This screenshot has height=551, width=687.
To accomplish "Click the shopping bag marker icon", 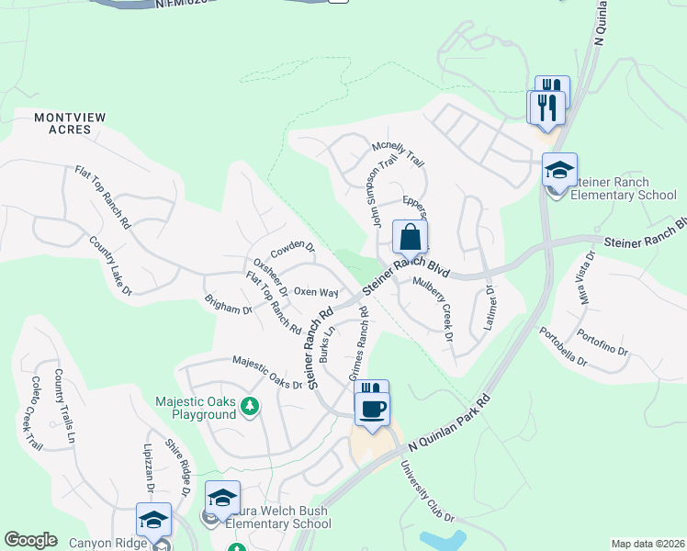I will tap(410, 237).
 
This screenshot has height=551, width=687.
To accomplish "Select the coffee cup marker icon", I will tap(372, 410).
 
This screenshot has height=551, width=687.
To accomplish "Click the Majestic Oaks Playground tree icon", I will tap(248, 407).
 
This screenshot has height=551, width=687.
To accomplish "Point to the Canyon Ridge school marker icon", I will tap(153, 520).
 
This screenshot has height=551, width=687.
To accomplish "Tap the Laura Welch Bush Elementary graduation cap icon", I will tap(222, 499).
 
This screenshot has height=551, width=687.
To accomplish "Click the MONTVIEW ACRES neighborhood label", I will tap(63, 123).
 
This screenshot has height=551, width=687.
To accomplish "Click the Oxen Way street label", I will tap(316, 292).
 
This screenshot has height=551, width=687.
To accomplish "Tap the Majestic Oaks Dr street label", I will tap(266, 372).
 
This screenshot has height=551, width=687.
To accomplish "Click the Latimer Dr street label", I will tap(490, 308).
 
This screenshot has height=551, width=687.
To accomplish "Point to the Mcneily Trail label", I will tap(398, 153).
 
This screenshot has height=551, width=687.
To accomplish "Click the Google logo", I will tap(30, 540).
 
